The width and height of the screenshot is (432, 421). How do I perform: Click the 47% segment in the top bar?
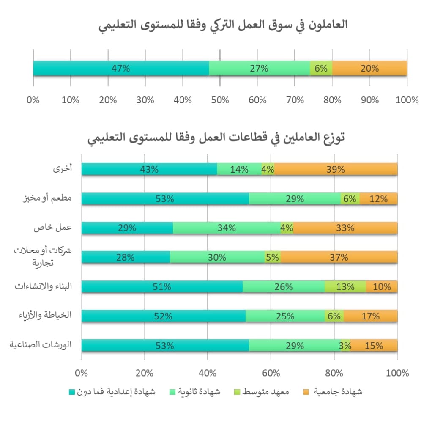click(x=121, y=68)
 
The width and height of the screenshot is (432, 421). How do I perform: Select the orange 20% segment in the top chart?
click(x=369, y=68)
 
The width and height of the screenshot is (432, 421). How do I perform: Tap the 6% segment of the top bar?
click(x=321, y=68)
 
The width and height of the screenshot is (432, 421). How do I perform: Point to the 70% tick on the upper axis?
click(x=295, y=100)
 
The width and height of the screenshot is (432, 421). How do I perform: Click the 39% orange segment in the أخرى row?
click(x=336, y=169)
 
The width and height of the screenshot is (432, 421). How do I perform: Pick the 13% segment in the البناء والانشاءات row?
click(x=345, y=286)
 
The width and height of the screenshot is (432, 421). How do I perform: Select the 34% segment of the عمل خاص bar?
click(x=227, y=228)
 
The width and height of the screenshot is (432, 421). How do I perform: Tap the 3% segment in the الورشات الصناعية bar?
click(x=345, y=345)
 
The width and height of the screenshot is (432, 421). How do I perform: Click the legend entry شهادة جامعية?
click(x=338, y=392)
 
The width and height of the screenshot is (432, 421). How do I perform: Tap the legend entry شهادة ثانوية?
click(x=200, y=392)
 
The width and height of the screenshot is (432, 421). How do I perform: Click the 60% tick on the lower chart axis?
click(x=271, y=374)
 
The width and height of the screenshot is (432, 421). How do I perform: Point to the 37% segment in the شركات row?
click(x=339, y=257)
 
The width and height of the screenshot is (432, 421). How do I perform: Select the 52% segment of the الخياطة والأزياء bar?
click(x=163, y=316)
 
